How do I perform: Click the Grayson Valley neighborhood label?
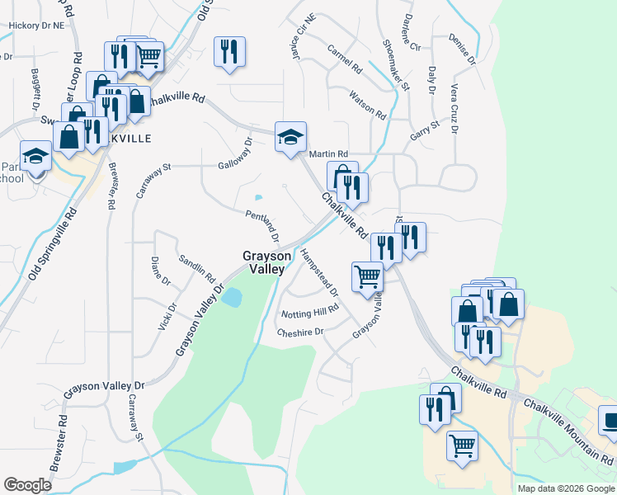[264, 262]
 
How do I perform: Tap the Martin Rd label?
[328, 154]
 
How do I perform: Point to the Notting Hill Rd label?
[309, 310]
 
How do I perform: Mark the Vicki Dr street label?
[167, 318]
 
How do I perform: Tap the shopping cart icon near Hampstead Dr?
[367, 276]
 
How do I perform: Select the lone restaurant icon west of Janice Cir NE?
[228, 51]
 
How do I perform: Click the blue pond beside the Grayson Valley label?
[232, 297]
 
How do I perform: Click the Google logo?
[27, 485]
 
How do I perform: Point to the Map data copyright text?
[565, 488]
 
